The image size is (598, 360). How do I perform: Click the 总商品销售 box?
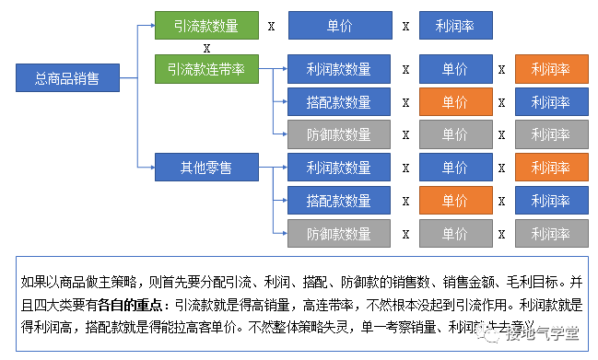pyautogui.click(x=68, y=78)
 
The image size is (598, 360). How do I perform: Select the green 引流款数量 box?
pyautogui.click(x=206, y=26)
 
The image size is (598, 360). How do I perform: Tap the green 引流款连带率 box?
pyautogui.click(x=206, y=68)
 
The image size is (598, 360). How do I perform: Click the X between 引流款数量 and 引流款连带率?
pyautogui.click(x=206, y=47)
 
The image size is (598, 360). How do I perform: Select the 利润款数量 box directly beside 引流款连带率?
pyautogui.click(x=338, y=69)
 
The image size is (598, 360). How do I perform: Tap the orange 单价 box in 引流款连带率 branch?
pyautogui.click(x=454, y=101)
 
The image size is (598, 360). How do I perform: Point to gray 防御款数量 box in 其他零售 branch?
pyautogui.click(x=338, y=234)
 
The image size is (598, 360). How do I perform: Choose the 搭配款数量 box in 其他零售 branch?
pyautogui.click(x=338, y=201)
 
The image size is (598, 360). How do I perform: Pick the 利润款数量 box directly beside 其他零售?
pyautogui.click(x=338, y=168)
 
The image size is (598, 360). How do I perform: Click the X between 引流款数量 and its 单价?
pyautogui.click(x=271, y=26)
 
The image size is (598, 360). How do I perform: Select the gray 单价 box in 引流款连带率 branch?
pyautogui.click(x=454, y=134)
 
